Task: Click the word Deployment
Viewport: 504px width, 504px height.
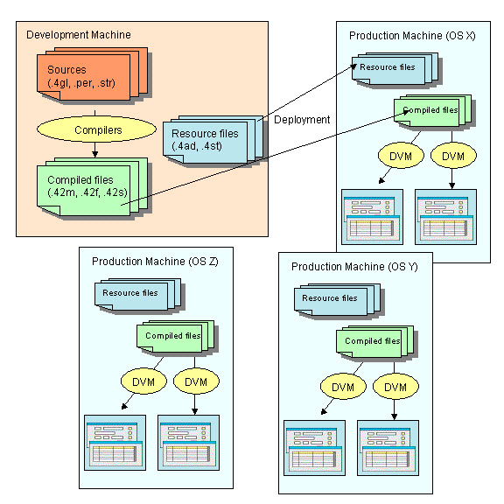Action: pos(303,120)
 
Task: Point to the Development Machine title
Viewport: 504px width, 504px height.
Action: pos(79,35)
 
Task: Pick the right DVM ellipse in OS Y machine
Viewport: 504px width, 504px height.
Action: pos(395,387)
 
